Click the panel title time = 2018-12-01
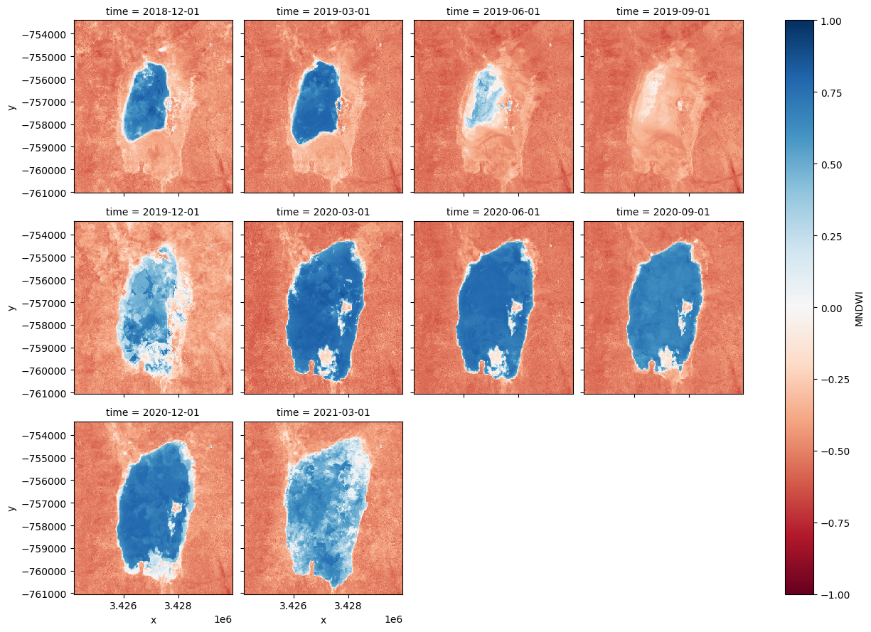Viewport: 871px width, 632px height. click(153, 11)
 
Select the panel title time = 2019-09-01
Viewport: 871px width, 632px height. click(663, 11)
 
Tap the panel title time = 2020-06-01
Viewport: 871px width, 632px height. click(493, 212)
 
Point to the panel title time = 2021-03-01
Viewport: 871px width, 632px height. click(323, 412)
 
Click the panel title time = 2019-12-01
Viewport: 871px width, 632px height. click(153, 212)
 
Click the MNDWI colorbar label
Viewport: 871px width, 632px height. click(859, 308)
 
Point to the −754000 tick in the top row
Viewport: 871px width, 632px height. click(47, 34)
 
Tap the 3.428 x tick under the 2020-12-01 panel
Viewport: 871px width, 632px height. click(178, 606)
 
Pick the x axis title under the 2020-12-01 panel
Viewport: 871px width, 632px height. click(153, 620)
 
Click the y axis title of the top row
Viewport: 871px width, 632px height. click(11, 107)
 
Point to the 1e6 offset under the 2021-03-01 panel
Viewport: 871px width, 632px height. click(393, 620)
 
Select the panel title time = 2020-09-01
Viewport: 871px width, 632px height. click(663, 212)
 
